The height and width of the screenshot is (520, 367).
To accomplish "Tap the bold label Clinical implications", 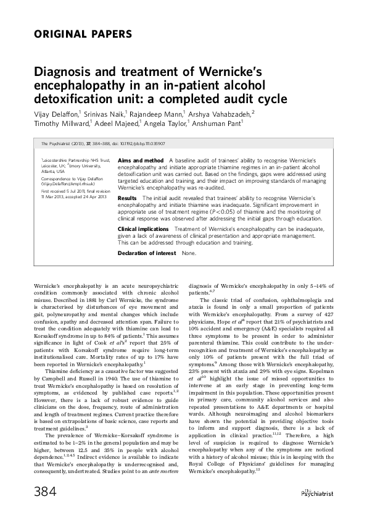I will (146, 229).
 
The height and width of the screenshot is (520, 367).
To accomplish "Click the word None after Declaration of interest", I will (189, 254).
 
